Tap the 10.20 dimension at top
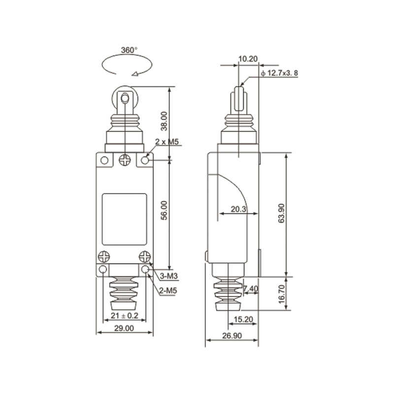(247, 59)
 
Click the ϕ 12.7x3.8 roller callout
(280, 73)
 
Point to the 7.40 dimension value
(251, 289)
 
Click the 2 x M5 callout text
(166, 142)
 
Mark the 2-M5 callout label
(168, 291)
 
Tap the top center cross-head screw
(125, 160)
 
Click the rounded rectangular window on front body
(125, 220)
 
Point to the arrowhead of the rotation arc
(134, 74)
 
